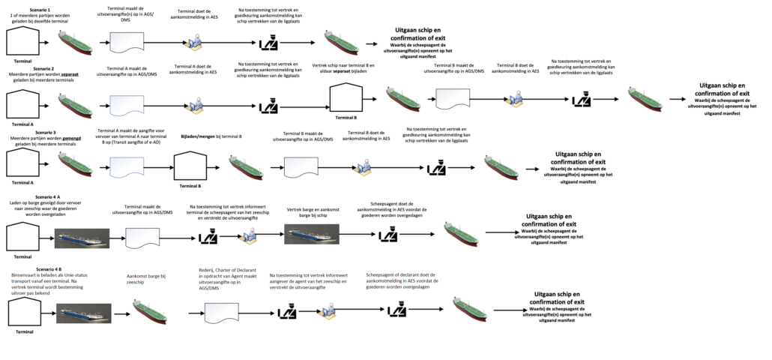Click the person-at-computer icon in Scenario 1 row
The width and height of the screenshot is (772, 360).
pyautogui.click(x=195, y=42)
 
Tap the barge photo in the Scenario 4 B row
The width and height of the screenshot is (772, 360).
pyautogui.click(x=84, y=312)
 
